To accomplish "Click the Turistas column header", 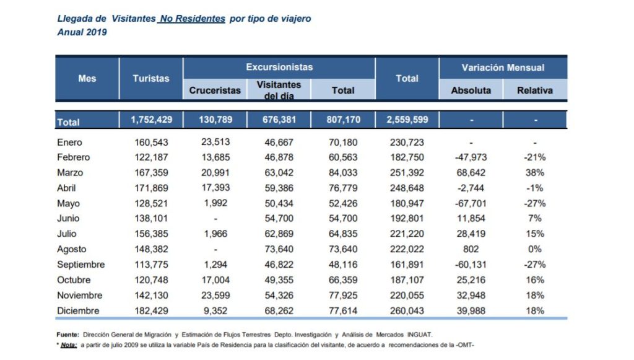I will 150,79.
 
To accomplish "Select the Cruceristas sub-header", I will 215,90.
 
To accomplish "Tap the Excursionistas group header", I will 279,67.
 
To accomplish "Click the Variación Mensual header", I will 503,67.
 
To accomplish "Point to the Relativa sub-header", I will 535,90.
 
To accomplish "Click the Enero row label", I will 69,142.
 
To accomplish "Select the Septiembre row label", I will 81,265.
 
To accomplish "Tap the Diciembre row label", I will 79,310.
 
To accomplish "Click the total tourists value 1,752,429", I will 150,120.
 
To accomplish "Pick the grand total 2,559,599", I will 407,120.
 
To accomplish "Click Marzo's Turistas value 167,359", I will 150,173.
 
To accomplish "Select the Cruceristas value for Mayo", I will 215,203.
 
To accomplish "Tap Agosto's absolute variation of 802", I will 471,249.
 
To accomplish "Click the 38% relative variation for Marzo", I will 535,173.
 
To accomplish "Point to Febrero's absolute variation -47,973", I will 471,157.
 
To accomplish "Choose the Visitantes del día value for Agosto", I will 279,249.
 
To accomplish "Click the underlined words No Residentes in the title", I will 191,19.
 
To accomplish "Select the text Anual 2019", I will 82,32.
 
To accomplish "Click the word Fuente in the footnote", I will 67,335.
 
